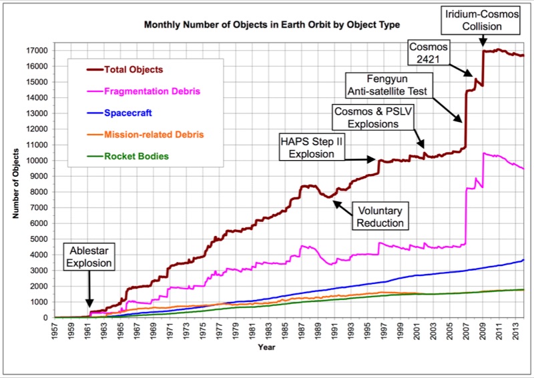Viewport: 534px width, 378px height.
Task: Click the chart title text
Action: click(272, 25)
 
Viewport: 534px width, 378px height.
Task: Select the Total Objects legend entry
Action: click(133, 69)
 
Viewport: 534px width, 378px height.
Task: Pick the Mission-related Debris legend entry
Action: click(154, 135)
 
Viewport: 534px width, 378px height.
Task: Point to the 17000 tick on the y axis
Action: click(38, 50)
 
